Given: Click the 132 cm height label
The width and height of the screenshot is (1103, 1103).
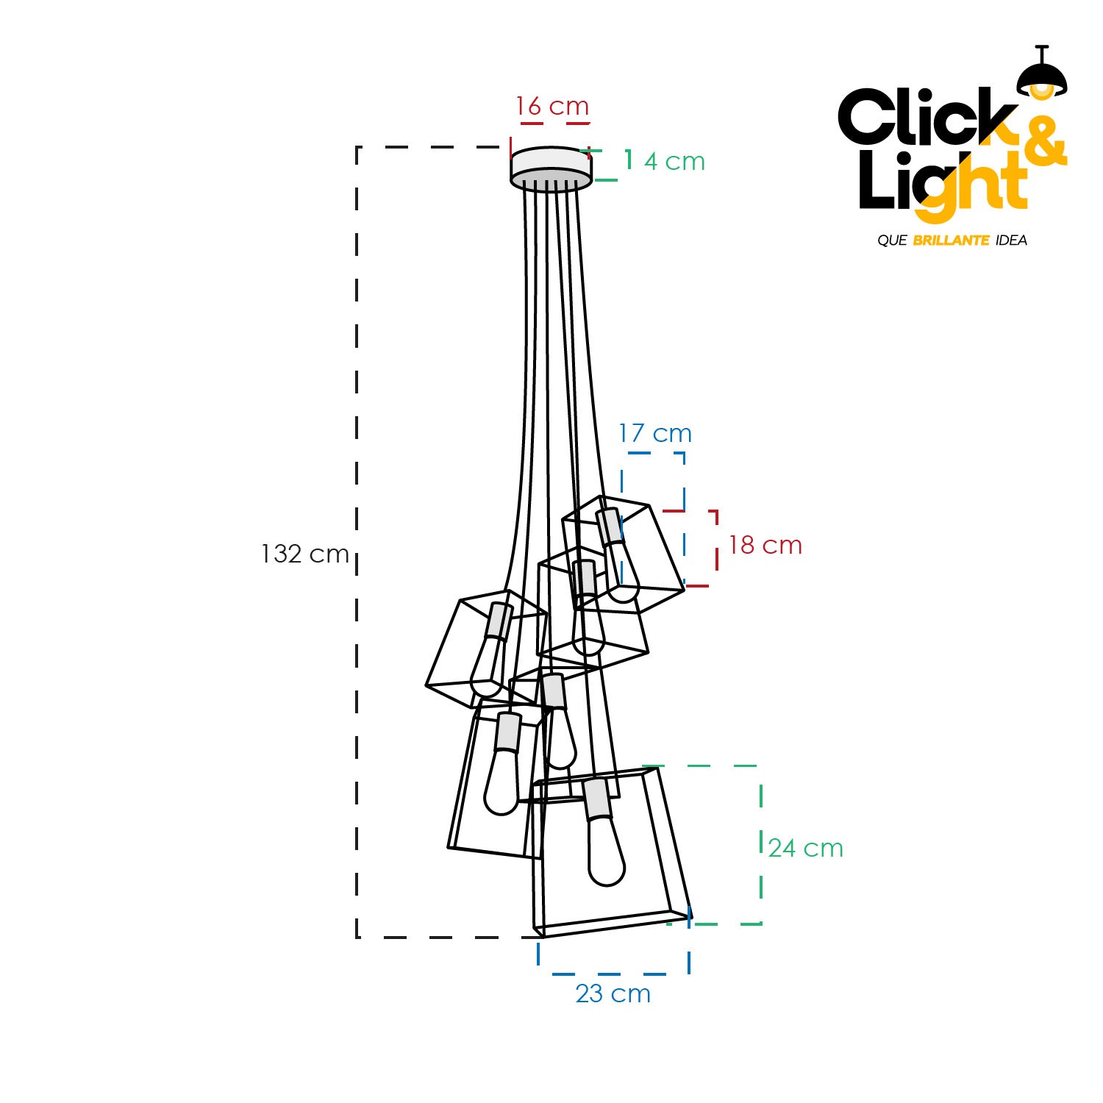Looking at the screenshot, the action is [x=305, y=554].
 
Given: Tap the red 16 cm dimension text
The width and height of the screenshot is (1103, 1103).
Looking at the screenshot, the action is [x=552, y=106].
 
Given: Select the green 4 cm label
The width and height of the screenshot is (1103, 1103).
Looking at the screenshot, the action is [x=674, y=161].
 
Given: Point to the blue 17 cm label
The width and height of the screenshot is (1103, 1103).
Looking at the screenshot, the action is [x=655, y=433].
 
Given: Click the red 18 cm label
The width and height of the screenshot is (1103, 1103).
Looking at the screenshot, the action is [x=765, y=545].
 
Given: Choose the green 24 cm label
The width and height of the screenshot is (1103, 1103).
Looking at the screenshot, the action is [x=806, y=848].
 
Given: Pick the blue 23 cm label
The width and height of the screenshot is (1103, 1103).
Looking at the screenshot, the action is [x=613, y=993].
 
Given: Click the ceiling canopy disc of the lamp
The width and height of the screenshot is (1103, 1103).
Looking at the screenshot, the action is [x=551, y=168].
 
